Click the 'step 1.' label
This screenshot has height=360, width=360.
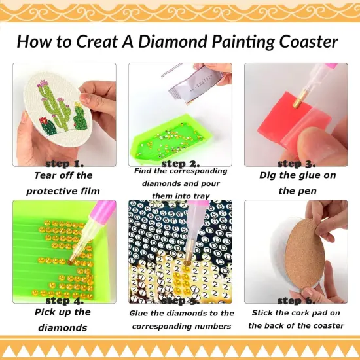pos(64,163)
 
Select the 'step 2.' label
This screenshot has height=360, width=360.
pos(181,163)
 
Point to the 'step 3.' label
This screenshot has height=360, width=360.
pos(297,163)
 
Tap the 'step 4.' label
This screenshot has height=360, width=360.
pos(64,300)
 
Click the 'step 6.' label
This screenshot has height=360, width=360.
pos(297,300)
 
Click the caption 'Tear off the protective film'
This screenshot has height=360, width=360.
pos(63,183)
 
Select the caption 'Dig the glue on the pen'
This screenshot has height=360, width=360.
pos(296,183)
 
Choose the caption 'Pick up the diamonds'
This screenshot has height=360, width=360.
pos(63,320)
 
